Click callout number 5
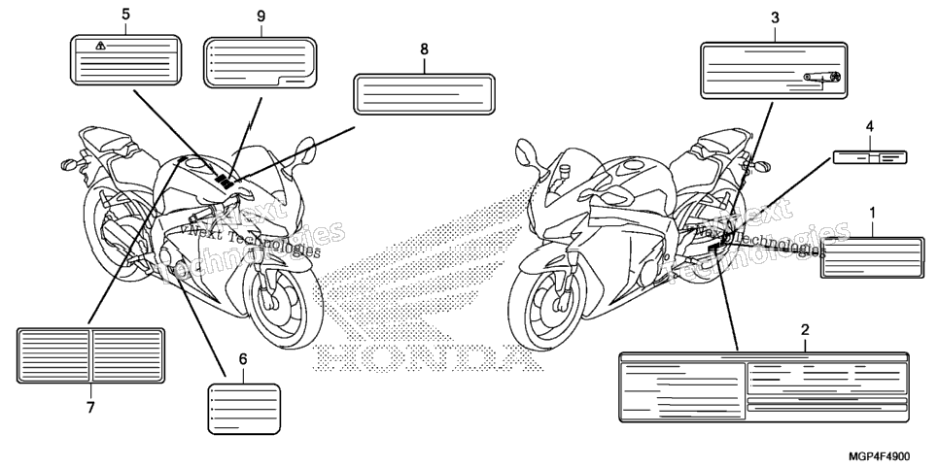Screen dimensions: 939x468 pyautogui.click(x=125, y=14)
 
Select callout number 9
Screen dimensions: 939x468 pyautogui.click(x=261, y=17)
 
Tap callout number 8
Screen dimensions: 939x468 pyautogui.click(x=425, y=50)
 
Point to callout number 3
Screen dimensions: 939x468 pyautogui.click(x=775, y=17)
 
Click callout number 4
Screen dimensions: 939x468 pyautogui.click(x=870, y=126)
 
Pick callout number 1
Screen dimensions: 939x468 pyautogui.click(x=872, y=213)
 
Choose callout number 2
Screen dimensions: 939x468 pyautogui.click(x=805, y=329)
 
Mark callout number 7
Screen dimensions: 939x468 pyautogui.click(x=90, y=408)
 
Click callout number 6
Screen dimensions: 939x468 pyautogui.click(x=243, y=359)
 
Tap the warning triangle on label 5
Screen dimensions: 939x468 pyautogui.click(x=101, y=46)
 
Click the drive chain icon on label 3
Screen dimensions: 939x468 pyautogui.click(x=822, y=77)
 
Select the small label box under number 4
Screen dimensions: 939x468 pyautogui.click(x=870, y=157)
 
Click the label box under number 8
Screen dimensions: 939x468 pyautogui.click(x=424, y=94)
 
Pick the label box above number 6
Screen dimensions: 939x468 pyautogui.click(x=244, y=409)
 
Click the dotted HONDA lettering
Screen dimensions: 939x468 pyautogui.click(x=427, y=356)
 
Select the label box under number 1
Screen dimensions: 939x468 pyautogui.click(x=872, y=257)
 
